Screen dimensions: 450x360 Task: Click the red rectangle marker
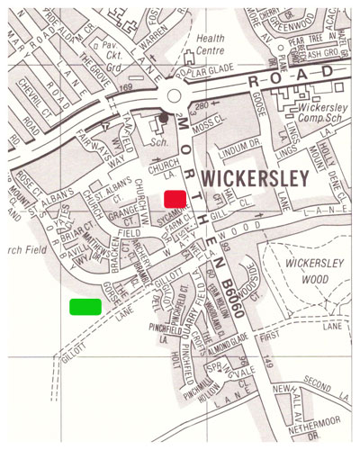(x=175, y=198)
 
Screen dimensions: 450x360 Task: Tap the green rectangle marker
(x=85, y=306)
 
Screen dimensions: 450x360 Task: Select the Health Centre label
(x=211, y=44)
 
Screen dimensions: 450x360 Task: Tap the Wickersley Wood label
(x=310, y=270)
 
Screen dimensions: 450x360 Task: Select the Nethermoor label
(x=310, y=417)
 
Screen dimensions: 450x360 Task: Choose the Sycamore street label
(x=166, y=215)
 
